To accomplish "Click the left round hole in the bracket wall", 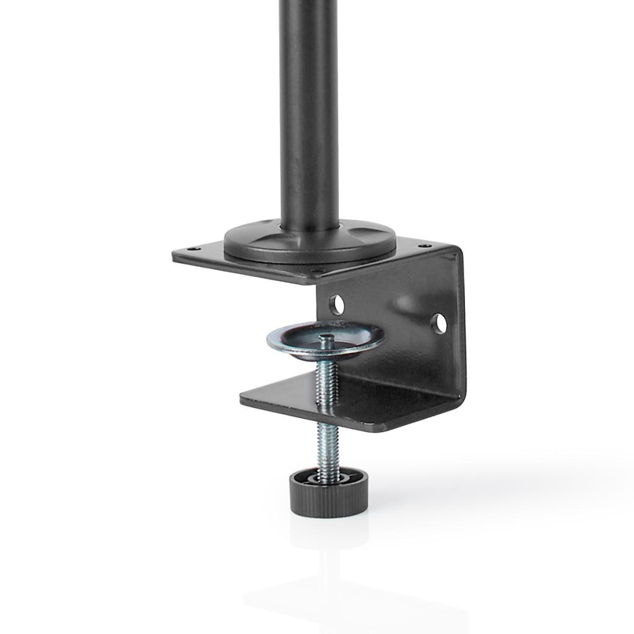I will click(x=336, y=304).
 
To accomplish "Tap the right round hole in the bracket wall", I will click(x=439, y=323).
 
